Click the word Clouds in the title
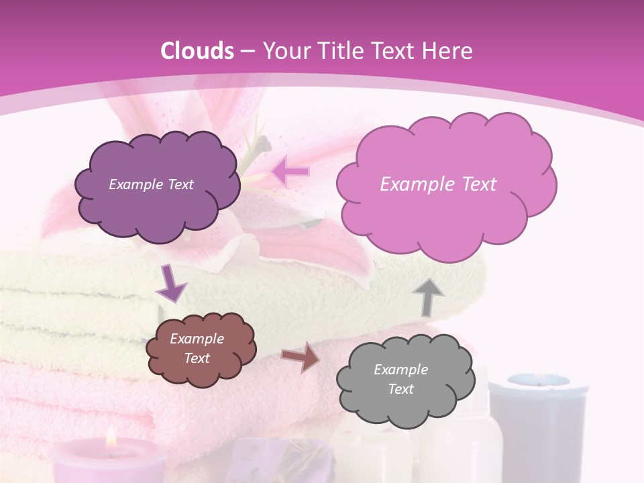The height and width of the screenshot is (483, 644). click(198, 51)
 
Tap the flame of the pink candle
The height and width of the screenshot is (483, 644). click(111, 438)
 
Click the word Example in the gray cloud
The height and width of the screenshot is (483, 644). click(400, 370)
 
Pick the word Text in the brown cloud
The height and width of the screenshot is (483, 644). click(197, 358)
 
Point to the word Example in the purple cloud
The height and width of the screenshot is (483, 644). click(134, 184)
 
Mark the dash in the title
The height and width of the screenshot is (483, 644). click(246, 51)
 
